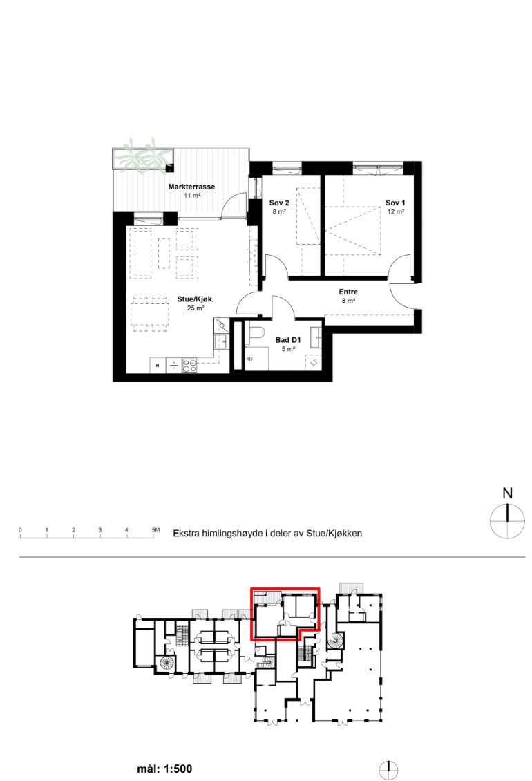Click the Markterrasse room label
point(191,187)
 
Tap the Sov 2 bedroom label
point(279,203)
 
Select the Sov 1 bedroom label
point(395,203)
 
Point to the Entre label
point(348,292)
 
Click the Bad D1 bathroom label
point(288,340)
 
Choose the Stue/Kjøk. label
point(196,299)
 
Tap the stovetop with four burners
point(190,366)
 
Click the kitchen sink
point(221,342)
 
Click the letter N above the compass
point(507,493)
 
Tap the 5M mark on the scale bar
point(156,530)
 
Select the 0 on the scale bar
point(21,530)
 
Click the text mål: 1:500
point(164,769)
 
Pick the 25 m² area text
point(196,308)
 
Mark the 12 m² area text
point(395,211)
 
